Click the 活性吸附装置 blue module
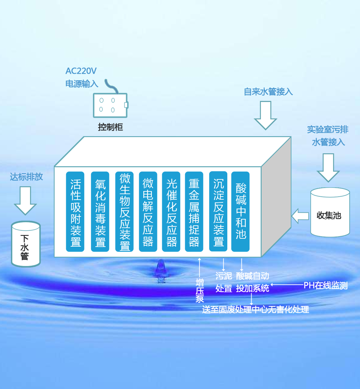(75, 211)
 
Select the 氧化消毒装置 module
(100, 211)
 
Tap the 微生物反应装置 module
(124, 211)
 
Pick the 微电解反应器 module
(148, 211)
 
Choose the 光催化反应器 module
(171, 211)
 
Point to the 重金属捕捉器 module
(194, 211)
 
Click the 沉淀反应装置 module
(218, 211)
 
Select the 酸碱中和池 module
(241, 211)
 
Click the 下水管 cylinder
(26, 244)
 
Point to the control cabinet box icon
(110, 105)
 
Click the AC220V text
(81, 71)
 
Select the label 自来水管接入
(268, 92)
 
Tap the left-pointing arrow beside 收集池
(300, 216)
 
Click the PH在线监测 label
(325, 285)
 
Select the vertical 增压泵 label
(200, 290)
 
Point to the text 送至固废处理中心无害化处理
(255, 309)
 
